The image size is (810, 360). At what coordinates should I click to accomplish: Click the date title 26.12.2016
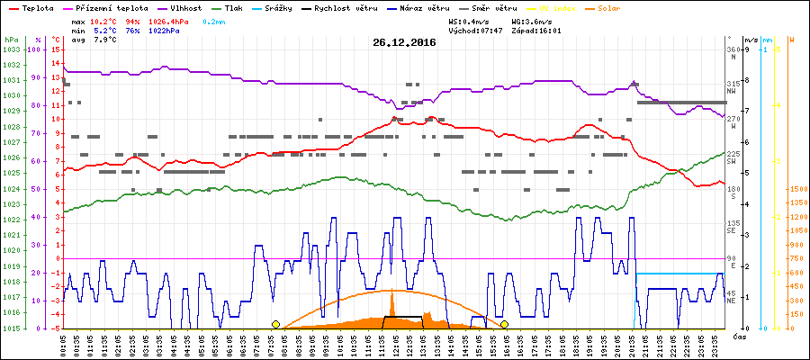[x=404, y=42]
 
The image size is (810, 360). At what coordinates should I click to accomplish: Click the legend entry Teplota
[x=36, y=6]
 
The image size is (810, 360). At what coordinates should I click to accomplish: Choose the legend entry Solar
[x=622, y=6]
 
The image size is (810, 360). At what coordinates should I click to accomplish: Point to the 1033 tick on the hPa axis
[x=12, y=49]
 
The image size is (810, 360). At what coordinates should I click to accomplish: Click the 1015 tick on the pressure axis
[x=12, y=328]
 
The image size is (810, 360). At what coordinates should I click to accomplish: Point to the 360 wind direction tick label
[x=734, y=49]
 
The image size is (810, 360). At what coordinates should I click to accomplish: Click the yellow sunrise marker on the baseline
[x=275, y=324]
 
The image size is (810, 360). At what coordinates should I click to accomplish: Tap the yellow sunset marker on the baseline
[x=505, y=324]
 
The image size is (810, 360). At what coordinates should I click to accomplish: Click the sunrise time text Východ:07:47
[x=475, y=30]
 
